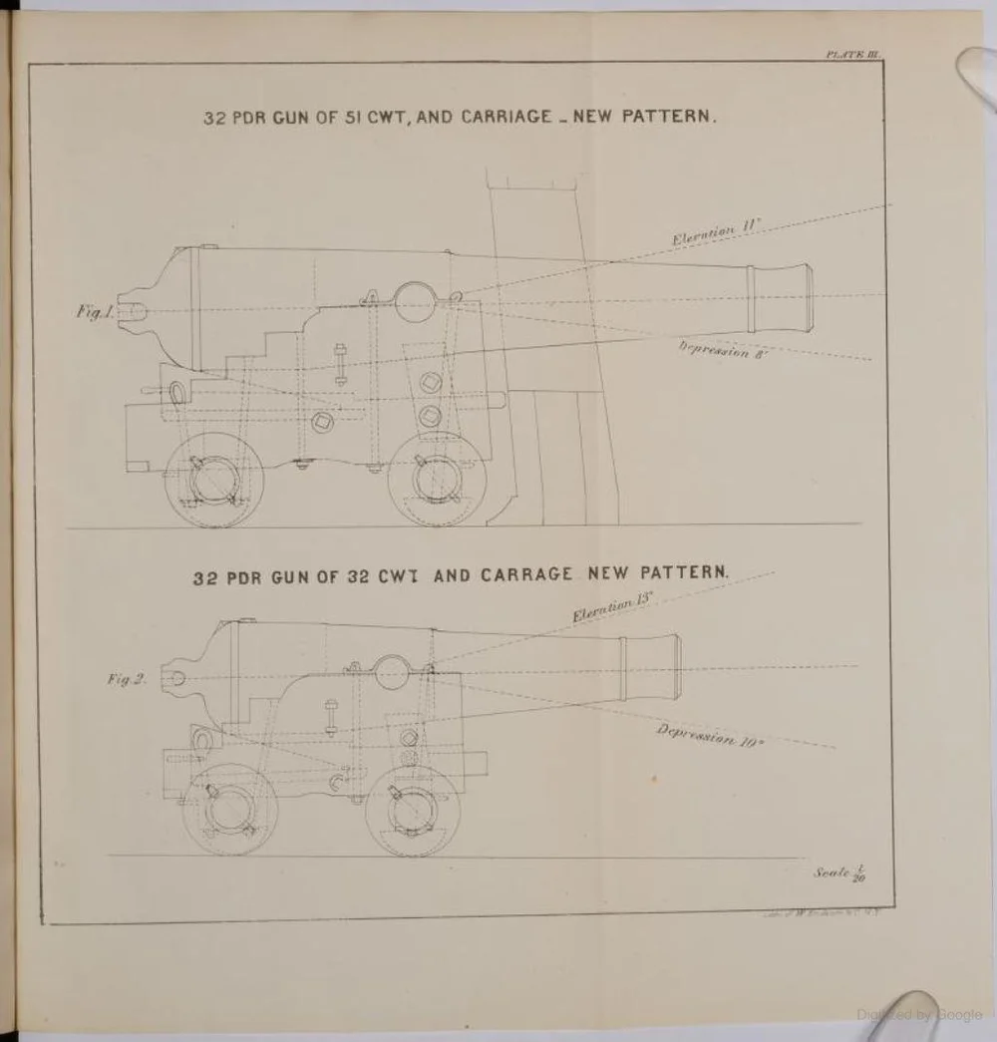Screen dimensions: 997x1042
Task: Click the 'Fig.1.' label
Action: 96,312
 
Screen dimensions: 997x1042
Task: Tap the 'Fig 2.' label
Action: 127,679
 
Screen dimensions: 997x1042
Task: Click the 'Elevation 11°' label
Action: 716,233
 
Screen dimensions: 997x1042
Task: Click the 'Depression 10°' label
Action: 710,735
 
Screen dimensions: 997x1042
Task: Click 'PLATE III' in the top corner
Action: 849,56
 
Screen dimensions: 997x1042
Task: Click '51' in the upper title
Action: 347,117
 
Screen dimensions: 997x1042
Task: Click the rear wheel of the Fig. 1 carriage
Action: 212,482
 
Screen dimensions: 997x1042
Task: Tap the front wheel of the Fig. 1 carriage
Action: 436,480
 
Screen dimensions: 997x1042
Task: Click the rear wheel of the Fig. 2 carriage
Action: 230,810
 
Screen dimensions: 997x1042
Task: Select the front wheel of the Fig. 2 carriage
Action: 412,810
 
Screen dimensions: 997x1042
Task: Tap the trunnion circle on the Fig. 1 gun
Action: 411,297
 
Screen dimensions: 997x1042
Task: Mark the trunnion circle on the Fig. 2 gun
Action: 392,672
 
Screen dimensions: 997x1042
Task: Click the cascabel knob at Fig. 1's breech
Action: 131,310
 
